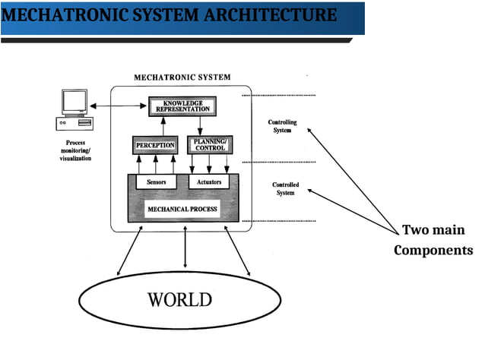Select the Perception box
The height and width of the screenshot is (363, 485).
click(155, 144)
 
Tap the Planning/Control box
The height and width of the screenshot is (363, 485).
click(208, 144)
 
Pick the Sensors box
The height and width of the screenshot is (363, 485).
click(156, 182)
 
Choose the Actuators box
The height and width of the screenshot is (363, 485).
click(209, 182)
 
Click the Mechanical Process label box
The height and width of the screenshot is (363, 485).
click(182, 209)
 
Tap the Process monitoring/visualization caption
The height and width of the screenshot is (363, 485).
click(75, 153)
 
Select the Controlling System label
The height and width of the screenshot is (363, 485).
click(283, 126)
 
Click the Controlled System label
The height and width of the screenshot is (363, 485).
click(285, 188)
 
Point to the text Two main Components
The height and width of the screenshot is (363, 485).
click(433, 240)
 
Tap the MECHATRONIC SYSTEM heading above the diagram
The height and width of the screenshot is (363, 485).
click(182, 77)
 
